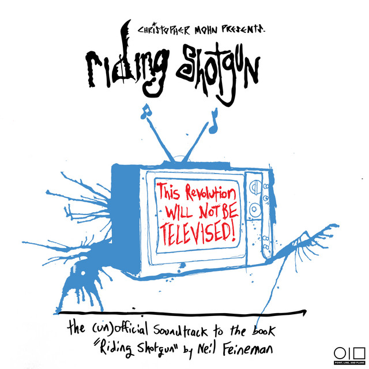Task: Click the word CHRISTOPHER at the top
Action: click(x=164, y=29)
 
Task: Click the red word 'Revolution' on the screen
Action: click(x=210, y=194)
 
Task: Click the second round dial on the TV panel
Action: click(x=255, y=209)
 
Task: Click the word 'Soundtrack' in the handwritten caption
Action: click(x=180, y=329)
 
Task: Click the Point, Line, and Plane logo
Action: click(x=350, y=355)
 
